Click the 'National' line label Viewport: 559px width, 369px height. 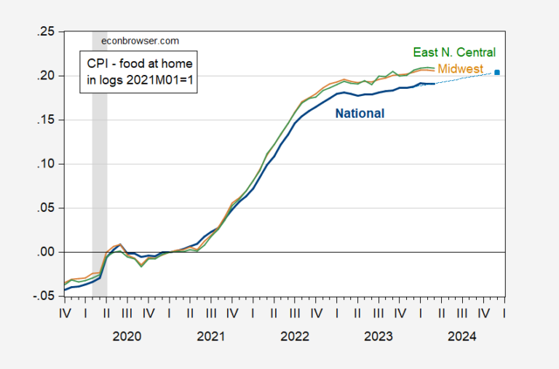(360, 113)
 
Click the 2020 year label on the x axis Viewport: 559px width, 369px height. (127, 336)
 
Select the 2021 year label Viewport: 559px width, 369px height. (211, 336)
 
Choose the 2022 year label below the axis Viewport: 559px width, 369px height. (295, 336)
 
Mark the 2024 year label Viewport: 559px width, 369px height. (462, 336)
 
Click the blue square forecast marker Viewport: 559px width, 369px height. (497, 72)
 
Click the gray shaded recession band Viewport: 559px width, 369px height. (100, 182)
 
